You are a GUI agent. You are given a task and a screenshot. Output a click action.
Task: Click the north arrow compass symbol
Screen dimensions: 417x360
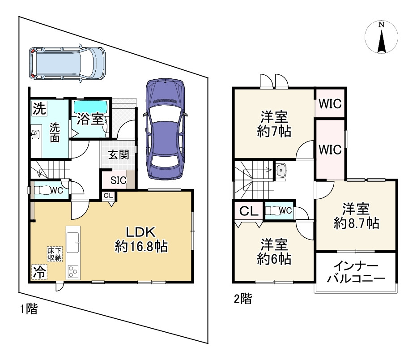coord(382,37)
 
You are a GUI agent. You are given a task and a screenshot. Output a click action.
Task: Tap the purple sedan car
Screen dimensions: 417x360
coord(166,129)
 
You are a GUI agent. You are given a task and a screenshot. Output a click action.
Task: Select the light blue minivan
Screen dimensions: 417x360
coord(67,63)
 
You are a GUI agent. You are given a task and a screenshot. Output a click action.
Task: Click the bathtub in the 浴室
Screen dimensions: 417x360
coord(90,107)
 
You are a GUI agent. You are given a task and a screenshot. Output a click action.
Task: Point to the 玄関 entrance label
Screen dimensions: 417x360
coord(119,154)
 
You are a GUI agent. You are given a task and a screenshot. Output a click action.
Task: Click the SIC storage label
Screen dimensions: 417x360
coord(119,180)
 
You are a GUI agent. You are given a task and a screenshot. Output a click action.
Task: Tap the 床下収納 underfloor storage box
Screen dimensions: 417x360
coord(55,254)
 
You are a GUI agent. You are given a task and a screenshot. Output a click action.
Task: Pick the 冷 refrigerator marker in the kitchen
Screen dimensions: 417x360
coord(39,272)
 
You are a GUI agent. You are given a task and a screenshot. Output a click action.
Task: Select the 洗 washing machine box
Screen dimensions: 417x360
coord(39,108)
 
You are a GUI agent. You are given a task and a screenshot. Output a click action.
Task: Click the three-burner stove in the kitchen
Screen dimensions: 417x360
coord(73,272)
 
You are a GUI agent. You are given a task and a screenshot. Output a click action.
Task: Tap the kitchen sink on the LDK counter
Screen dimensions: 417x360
coord(72,242)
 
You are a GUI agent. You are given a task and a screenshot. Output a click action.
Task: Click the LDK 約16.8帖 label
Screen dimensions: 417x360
coord(141,240)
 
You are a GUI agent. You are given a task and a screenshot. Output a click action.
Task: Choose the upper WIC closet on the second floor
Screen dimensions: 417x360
coord(330,104)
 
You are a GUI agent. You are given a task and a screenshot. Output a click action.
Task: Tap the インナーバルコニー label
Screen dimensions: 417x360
coord(356,272)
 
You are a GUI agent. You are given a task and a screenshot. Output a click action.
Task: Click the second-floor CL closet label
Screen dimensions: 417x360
coord(249,211)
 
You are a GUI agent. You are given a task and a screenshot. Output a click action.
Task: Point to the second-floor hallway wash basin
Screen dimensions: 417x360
coord(281,170)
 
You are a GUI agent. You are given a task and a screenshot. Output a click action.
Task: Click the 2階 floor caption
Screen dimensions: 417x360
coord(243,299)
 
